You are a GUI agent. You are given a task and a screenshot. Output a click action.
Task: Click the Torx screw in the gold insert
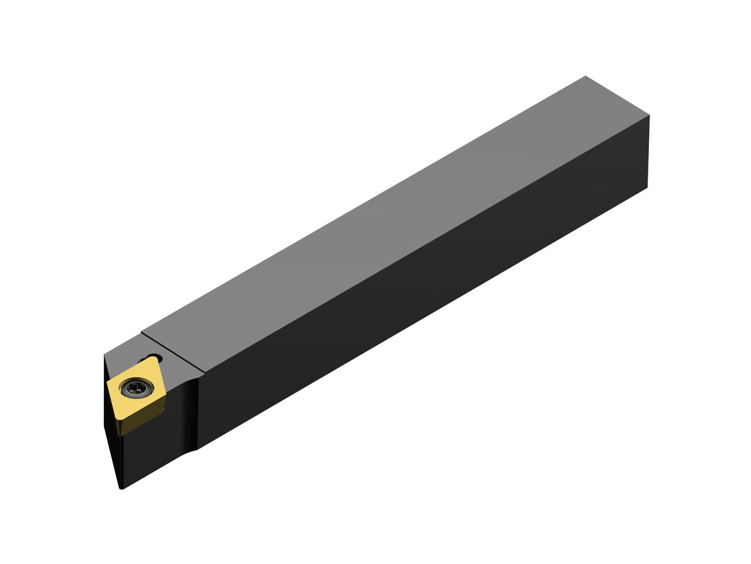[134, 389]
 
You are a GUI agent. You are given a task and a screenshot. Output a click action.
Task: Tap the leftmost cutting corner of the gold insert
[108, 384]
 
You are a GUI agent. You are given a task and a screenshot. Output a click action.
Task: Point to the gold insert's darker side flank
[141, 418]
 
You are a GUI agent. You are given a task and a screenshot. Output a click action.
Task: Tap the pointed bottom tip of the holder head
[121, 487]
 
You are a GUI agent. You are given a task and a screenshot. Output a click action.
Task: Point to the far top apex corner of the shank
[586, 76]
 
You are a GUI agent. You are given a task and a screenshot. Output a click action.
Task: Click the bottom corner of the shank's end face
[646, 187]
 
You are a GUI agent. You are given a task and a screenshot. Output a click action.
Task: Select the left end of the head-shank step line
[143, 333]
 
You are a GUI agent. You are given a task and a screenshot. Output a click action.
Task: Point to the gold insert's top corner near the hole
[148, 361]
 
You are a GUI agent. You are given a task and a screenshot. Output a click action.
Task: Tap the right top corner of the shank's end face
[649, 115]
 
